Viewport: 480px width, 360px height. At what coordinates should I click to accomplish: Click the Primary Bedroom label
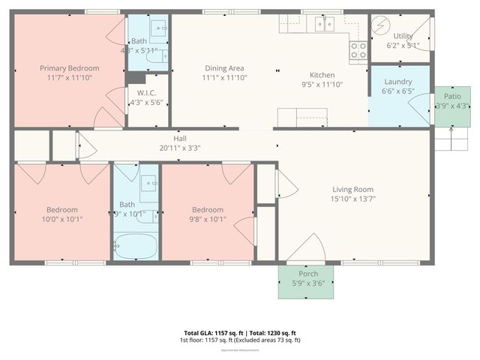coord(69,68)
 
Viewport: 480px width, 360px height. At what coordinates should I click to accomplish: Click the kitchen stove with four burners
coord(358,50)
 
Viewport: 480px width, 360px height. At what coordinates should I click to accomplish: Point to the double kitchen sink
coord(324,25)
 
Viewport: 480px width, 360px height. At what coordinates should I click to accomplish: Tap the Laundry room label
coord(398,82)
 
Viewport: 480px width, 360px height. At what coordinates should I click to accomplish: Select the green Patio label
coord(452,97)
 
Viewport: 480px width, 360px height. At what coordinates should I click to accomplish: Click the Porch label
coord(308,274)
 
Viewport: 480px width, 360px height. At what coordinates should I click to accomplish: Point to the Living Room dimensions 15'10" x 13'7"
coord(352,199)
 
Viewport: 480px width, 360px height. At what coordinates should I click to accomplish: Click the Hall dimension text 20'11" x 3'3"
coord(181,148)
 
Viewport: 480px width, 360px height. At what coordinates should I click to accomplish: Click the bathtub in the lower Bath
coord(136,246)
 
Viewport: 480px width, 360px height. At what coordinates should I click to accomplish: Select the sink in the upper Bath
coord(158,28)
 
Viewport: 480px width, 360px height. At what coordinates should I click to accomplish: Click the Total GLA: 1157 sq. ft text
coord(210,332)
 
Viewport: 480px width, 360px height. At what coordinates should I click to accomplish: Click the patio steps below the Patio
coord(452,140)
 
